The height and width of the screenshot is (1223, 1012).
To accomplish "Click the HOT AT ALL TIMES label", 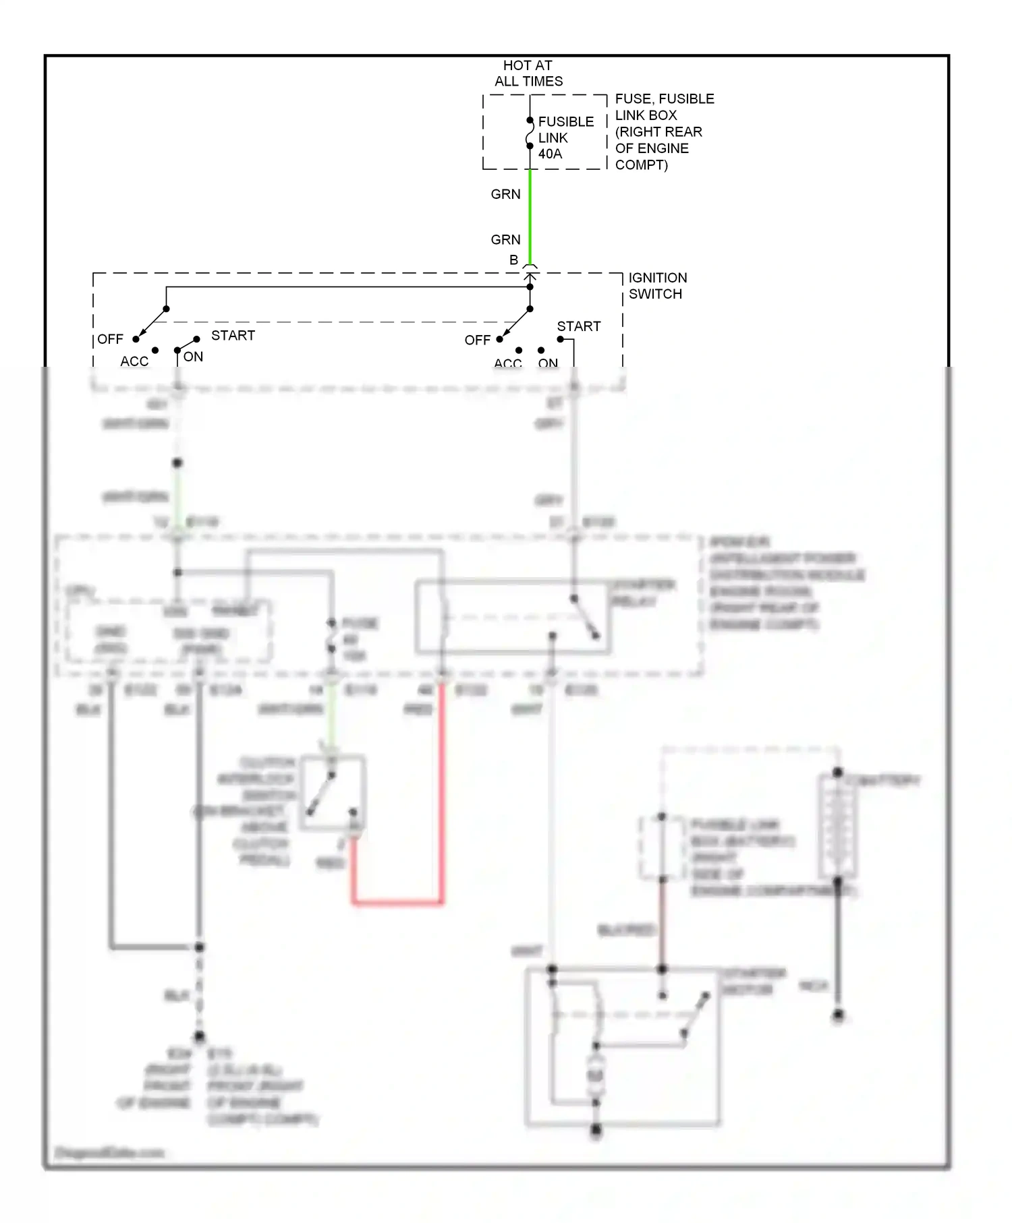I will point(528,73).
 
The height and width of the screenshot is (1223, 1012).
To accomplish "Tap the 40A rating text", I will point(550,154).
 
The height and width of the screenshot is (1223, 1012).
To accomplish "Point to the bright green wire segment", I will point(530,216).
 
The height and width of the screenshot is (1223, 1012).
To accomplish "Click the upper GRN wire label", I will point(505,194).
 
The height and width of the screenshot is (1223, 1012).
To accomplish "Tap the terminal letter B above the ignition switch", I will point(513,260).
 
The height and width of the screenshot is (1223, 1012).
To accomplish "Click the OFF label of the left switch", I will point(110,339).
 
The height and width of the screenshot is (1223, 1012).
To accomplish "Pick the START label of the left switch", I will point(233,335).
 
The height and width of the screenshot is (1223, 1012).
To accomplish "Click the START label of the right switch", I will point(578,326).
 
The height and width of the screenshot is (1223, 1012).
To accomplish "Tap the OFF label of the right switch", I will point(477,340).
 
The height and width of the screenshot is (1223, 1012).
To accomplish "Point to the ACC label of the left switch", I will point(134,361).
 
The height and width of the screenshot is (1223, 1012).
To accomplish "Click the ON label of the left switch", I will point(193,357).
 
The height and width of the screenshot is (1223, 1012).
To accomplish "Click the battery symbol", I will point(837,826).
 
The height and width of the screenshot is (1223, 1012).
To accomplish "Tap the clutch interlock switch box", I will point(333,792).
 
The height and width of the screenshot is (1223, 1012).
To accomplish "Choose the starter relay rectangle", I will point(513,617).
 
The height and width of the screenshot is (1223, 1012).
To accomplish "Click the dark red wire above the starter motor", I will point(662,924).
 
